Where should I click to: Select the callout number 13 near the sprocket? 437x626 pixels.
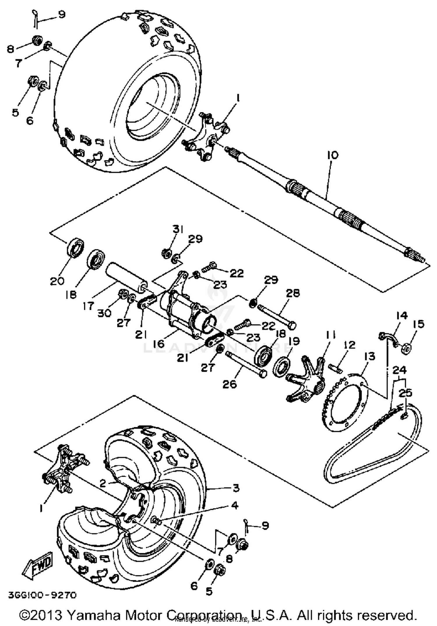tap(369, 356)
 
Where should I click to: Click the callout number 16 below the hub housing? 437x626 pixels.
tap(159, 344)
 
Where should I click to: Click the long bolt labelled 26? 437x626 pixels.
tap(245, 364)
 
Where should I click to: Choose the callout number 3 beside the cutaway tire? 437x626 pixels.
tap(236, 487)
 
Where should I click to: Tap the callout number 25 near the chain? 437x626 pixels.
tap(405, 393)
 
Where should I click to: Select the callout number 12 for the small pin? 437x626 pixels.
tap(350, 345)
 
